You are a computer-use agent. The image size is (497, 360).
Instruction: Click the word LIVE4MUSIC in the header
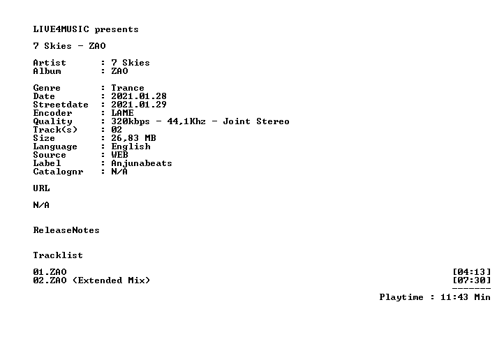pos(61,29)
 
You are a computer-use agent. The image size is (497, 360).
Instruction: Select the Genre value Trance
pos(128,88)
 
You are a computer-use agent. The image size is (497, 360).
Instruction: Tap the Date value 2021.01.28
pos(139,96)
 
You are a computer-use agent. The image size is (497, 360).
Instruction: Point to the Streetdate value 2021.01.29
pos(139,105)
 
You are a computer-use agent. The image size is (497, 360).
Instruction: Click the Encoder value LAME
pos(122,113)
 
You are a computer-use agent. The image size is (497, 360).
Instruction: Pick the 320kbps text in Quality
pos(131,121)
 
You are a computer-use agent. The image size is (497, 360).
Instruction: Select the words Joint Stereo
pos(256,121)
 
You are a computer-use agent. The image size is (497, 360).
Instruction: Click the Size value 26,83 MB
pos(133,138)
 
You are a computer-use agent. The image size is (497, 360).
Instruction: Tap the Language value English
pos(131,147)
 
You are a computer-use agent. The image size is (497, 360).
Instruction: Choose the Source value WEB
pos(119,155)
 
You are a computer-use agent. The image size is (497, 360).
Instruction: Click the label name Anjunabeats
pos(142,163)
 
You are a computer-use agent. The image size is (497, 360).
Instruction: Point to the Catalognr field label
pos(59,172)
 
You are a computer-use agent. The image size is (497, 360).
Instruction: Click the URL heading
pos(41,188)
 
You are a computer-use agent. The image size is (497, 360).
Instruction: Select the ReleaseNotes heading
pos(66,230)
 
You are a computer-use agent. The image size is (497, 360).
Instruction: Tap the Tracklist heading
pos(58,255)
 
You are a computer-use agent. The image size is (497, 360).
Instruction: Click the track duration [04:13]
pos(472,272)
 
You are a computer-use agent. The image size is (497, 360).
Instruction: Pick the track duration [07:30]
pos(472,280)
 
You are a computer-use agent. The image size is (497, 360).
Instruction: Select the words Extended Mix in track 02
pos(111,280)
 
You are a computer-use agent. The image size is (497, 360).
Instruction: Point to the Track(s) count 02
pos(117,130)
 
